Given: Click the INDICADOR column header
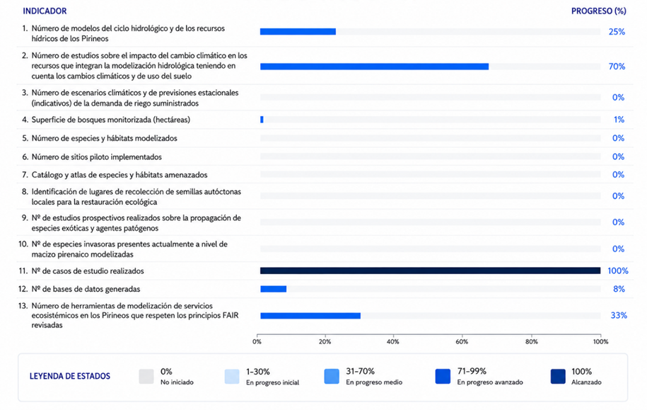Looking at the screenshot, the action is pos(45,11).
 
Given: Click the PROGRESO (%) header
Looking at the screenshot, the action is pos(598,11).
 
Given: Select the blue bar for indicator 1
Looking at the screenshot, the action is pos(298,31).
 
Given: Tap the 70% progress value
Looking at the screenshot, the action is pos(617,66).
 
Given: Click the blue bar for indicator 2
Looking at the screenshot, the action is pos(374,67).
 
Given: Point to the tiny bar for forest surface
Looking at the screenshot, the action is pos(262,120).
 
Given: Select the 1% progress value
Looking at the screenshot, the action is pos(619,120).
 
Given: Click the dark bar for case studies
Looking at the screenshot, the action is pos(431,271).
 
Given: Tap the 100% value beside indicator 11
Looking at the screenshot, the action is pos(618,271).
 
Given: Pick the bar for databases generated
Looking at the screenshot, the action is pos(273,289).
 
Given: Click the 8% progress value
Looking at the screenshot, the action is pos(619,289).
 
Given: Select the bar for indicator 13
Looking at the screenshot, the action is pos(310,316).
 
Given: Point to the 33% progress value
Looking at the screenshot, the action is pos(619,315).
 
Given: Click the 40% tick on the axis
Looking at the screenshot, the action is pos(393,342).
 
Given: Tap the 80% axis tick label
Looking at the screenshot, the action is pos(532,342).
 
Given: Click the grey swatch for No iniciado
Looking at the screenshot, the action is pos(146,377).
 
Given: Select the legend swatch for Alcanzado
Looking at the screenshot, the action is pos(559,377).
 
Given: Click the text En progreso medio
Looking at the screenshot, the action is pos(374,382).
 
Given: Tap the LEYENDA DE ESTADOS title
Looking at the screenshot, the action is pos(70,376).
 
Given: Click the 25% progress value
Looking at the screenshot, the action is pos(617,32).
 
